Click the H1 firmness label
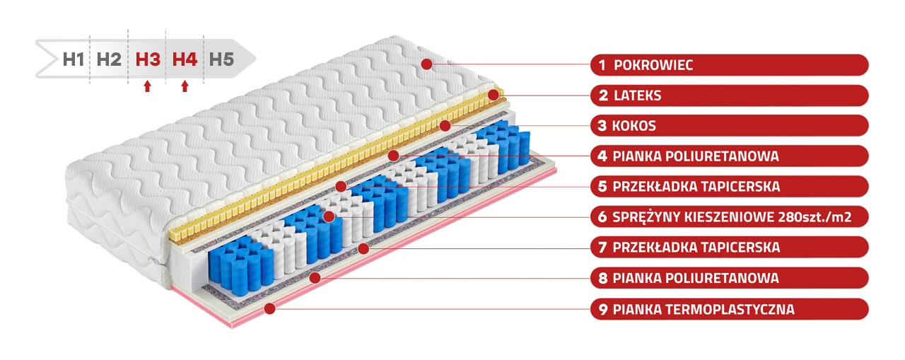point(74,59)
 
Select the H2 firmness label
point(109,59)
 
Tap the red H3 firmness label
point(148,59)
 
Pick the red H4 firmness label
point(185,59)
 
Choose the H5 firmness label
point(221,59)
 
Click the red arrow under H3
point(148,86)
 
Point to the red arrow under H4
point(185,86)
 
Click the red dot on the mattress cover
point(426,64)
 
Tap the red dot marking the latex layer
point(494,95)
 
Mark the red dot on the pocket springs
point(329,216)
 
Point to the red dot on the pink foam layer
point(270,308)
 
